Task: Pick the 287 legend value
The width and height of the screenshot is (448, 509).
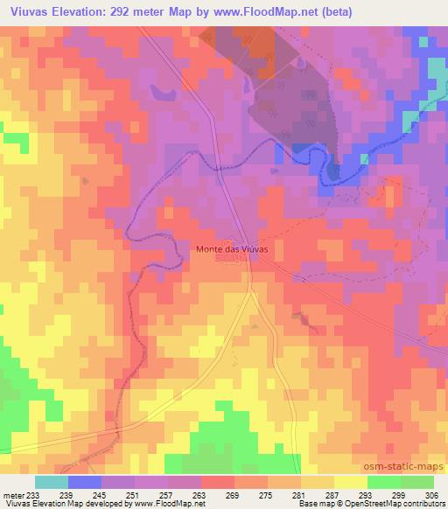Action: (x=332, y=494)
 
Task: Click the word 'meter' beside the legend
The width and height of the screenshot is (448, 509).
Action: (x=13, y=494)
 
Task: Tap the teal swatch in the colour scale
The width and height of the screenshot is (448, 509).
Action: (x=52, y=482)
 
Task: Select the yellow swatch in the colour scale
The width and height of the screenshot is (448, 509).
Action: (x=350, y=482)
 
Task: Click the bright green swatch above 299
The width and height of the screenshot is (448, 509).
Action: (x=383, y=482)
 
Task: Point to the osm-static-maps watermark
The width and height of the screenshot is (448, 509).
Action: (x=403, y=468)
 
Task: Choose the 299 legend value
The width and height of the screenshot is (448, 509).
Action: (x=396, y=494)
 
